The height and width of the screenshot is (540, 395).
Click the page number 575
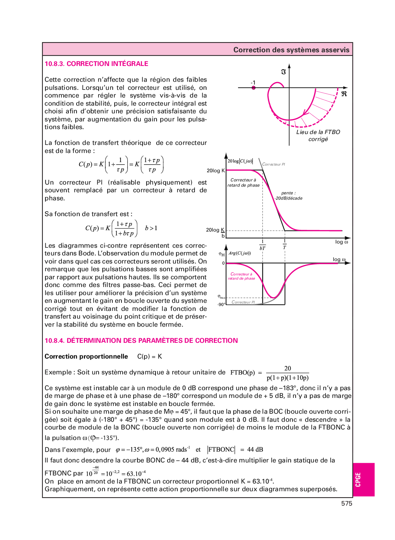coord(346,504)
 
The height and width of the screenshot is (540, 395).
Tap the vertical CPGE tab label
coord(358,480)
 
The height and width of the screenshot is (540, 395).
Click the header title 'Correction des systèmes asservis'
coord(291,50)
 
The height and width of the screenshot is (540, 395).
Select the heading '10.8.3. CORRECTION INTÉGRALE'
coord(96,64)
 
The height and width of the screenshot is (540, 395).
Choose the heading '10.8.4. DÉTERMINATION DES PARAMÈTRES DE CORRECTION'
coord(141,341)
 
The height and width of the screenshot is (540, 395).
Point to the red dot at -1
coord(254,88)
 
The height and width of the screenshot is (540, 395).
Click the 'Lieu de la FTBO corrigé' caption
coord(318,136)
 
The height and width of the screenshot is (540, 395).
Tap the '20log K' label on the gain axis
coord(216,171)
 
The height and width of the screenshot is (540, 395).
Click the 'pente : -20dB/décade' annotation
coord(288,196)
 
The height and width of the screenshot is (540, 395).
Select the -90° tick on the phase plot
coord(221,305)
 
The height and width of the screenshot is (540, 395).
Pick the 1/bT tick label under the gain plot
coord(262,245)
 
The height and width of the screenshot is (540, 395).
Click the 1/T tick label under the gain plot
coord(284,245)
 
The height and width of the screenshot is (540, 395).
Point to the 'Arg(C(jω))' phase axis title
coord(239,253)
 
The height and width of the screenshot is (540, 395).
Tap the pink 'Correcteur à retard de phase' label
coord(241,276)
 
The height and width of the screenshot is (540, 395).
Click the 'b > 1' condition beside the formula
coord(151,228)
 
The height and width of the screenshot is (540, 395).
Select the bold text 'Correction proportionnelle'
coord(86,356)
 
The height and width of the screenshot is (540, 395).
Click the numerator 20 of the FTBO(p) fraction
coord(288,368)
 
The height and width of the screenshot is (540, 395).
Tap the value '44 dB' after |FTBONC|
coord(255,450)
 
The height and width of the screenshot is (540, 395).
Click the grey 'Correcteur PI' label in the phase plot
coord(243,302)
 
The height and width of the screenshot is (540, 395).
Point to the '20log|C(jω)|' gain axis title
coord(240,161)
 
